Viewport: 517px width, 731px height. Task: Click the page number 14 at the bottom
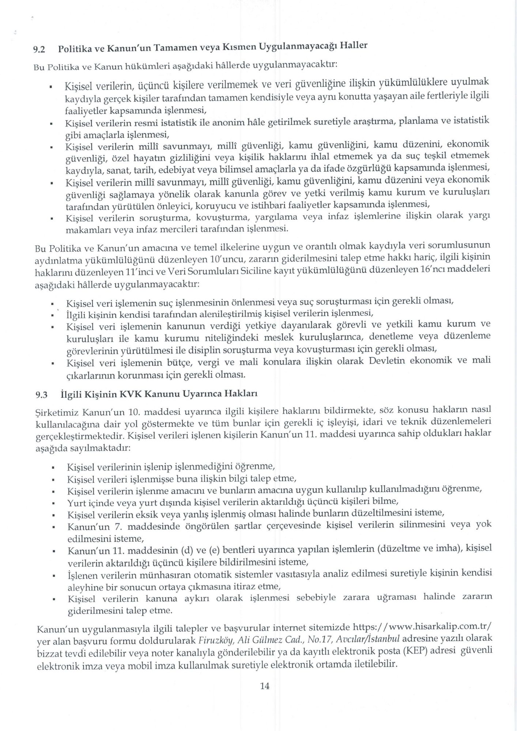coord(264,686)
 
